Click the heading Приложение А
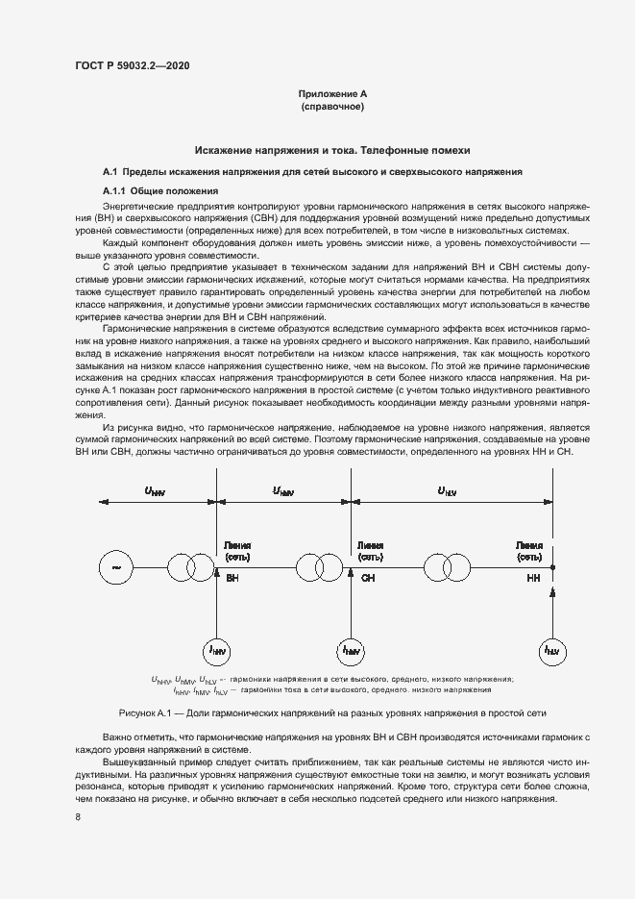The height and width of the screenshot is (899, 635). [x=332, y=94]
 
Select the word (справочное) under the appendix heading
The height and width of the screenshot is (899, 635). [x=332, y=107]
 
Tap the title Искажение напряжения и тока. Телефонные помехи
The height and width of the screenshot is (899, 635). [x=332, y=151]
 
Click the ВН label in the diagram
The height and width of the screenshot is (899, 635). [x=232, y=579]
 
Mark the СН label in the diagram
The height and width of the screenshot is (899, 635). [x=368, y=579]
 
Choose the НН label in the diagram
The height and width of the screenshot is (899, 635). [x=534, y=579]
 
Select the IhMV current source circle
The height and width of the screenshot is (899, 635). [x=352, y=651]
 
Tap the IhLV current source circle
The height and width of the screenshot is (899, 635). [x=551, y=651]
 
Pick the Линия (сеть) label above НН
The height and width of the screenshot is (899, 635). [x=529, y=550]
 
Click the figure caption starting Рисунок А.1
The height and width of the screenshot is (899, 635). [x=331, y=714]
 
